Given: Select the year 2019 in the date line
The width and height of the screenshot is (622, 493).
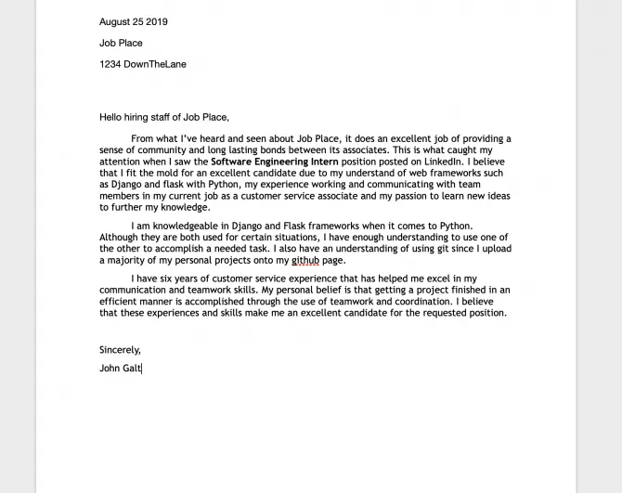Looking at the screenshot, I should coord(157,21).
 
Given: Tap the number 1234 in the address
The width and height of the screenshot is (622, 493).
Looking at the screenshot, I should coord(110,64).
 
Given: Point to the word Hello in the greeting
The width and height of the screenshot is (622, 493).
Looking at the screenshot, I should coord(111,117).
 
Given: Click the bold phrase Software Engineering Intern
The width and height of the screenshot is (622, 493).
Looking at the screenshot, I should coord(269,162).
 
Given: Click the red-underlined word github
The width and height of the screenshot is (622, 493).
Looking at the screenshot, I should coord(305,260).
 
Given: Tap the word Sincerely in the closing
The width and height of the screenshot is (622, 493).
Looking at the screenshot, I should coord(120,349).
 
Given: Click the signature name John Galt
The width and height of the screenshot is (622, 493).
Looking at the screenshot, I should coord(120,368).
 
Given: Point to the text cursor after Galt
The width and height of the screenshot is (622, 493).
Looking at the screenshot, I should coord(142,368).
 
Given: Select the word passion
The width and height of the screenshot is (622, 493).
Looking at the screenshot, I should coord(414,196).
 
